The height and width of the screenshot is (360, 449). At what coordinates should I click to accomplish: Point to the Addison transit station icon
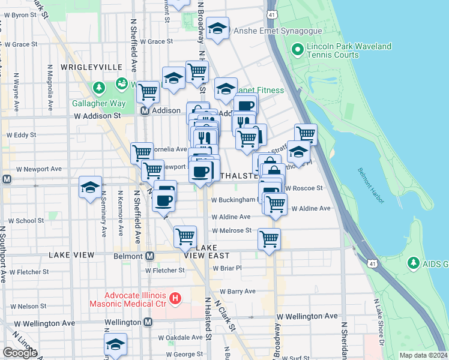click(x=145, y=111)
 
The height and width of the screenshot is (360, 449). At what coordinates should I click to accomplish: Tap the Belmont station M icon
click(x=149, y=256)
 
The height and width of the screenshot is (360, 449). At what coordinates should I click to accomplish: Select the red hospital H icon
click(x=175, y=298)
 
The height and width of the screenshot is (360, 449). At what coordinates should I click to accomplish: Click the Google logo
click(x=19, y=353)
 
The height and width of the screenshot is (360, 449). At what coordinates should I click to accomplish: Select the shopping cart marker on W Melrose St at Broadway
click(x=269, y=239)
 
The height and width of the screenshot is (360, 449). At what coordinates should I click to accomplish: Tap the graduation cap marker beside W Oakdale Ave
click(x=115, y=344)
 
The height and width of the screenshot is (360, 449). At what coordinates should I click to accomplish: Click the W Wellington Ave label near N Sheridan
click(x=307, y=316)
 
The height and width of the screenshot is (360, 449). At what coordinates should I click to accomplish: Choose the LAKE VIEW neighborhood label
click(x=71, y=255)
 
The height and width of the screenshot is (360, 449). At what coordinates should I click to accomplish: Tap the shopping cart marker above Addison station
click(x=148, y=92)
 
